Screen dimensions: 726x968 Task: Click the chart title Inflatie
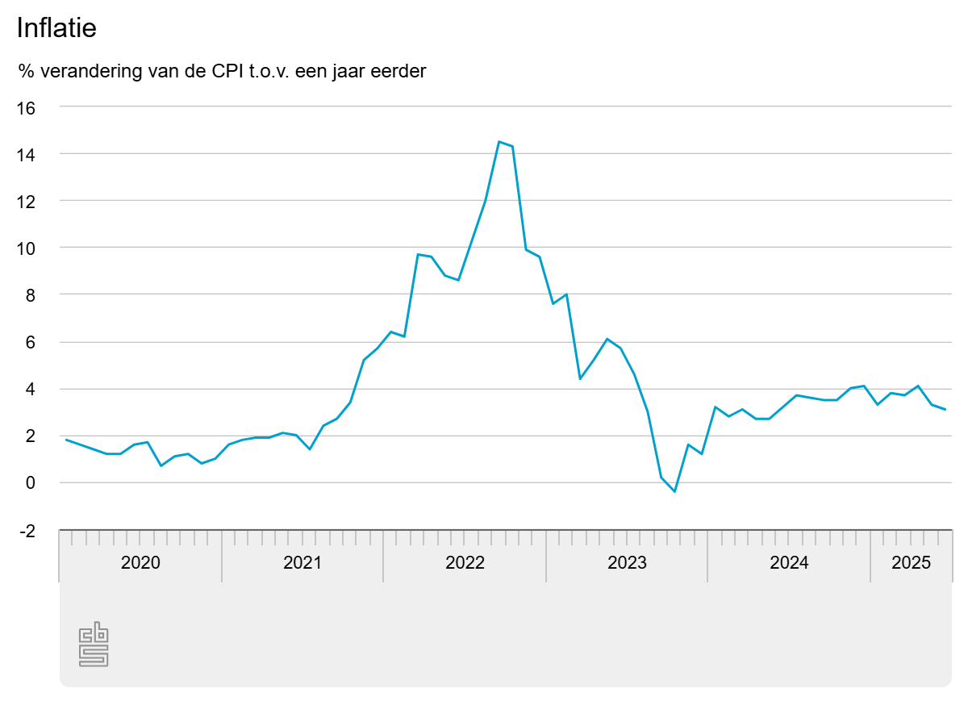pos(56,28)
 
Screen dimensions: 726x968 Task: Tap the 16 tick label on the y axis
pos(27,107)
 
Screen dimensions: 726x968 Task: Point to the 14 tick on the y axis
pos(27,154)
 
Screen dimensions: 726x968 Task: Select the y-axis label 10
pos(27,248)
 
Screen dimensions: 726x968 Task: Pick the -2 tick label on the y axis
pos(27,531)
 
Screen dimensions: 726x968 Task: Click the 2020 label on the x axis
pos(140,563)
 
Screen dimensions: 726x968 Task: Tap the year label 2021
pos(302,563)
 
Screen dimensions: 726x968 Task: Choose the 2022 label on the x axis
pos(465,563)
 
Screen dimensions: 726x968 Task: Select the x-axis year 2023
pos(627,563)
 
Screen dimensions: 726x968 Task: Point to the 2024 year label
pos(789,563)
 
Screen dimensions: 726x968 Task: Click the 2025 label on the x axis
pos(911,563)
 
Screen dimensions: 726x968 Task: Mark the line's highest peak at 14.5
pos(499,142)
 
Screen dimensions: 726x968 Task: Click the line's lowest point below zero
pos(674,491)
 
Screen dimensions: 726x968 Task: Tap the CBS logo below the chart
pos(94,645)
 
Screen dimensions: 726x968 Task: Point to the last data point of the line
pos(945,410)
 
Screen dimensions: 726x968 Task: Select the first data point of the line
pos(66,440)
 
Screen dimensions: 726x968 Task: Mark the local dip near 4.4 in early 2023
pos(580,379)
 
